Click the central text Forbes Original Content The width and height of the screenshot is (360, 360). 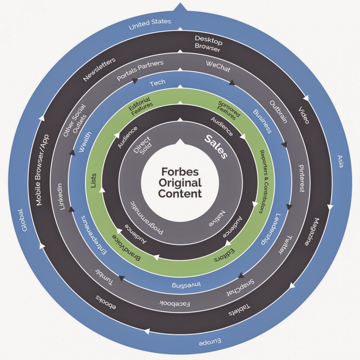[x=180, y=182]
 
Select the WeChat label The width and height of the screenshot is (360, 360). [x=218, y=66]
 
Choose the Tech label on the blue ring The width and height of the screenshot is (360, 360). [x=157, y=83]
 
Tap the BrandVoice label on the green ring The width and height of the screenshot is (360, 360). [x=127, y=248]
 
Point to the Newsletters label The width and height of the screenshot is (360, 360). [x=99, y=70]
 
